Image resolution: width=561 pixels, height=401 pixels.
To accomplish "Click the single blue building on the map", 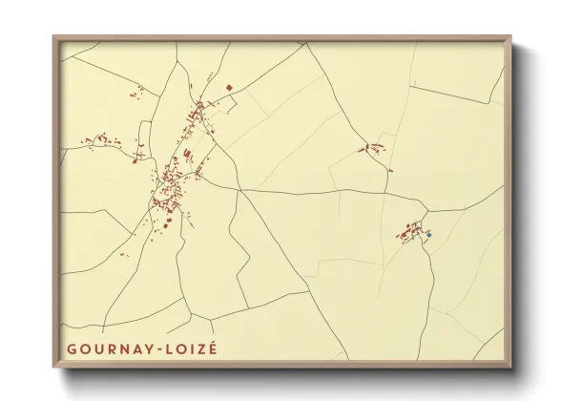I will pyautogui.click(x=429, y=234).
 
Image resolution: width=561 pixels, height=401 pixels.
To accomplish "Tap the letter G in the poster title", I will pyautogui.click(x=72, y=348).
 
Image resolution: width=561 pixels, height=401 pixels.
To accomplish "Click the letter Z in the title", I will pyautogui.click(x=199, y=348).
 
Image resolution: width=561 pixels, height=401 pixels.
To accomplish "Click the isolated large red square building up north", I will pyautogui.click(x=229, y=88).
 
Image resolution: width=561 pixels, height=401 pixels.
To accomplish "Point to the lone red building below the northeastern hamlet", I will pyautogui.click(x=389, y=171).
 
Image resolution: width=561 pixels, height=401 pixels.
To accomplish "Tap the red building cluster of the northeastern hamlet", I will pyautogui.click(x=373, y=147).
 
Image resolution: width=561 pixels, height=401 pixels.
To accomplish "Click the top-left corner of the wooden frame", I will pyautogui.click(x=54, y=37).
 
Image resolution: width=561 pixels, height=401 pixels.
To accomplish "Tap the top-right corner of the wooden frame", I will pyautogui.click(x=510, y=37).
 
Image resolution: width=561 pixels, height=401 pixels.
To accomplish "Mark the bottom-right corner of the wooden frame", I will pyautogui.click(x=510, y=367).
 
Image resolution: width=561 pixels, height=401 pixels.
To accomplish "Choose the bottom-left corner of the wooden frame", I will pyautogui.click(x=54, y=367).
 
